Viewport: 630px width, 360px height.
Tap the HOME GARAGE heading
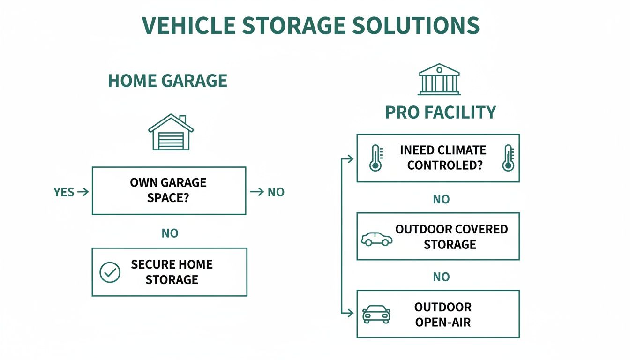coord(168,81)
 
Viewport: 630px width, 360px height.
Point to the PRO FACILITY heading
coord(440,112)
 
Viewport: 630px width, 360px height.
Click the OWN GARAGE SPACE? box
coord(169,190)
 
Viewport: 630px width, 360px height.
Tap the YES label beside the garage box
coord(64,192)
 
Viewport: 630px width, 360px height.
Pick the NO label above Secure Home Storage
coord(170,233)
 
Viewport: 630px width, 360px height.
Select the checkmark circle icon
coord(110,272)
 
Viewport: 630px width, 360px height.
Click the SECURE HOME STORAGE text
coord(172,272)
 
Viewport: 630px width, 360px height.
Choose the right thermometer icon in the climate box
coord(508,158)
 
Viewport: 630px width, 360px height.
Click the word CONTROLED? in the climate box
coord(444,165)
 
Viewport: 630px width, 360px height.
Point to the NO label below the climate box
coord(441,199)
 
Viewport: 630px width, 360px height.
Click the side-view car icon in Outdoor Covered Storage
coord(377,239)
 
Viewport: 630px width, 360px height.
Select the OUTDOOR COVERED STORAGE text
coord(451,237)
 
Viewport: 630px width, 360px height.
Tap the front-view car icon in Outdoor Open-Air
coord(376,315)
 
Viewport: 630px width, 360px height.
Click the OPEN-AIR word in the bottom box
coord(443,322)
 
